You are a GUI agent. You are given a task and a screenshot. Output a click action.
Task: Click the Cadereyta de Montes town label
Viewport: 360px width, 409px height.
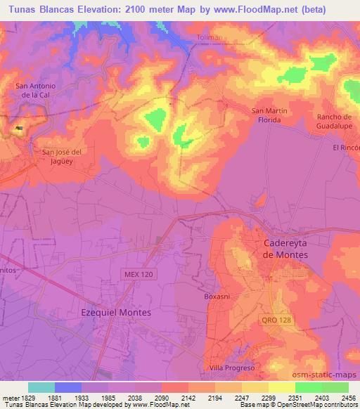coord(285,249)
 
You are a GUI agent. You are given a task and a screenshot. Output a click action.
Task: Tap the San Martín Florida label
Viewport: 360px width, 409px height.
coord(267,115)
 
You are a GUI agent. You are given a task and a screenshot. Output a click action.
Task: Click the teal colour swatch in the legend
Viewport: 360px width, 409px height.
coord(41,387)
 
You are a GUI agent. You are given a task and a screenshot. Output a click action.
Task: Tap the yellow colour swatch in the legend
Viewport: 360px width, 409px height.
coord(281,387)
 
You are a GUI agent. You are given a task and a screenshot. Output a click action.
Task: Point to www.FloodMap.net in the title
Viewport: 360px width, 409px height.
coord(280,10)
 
